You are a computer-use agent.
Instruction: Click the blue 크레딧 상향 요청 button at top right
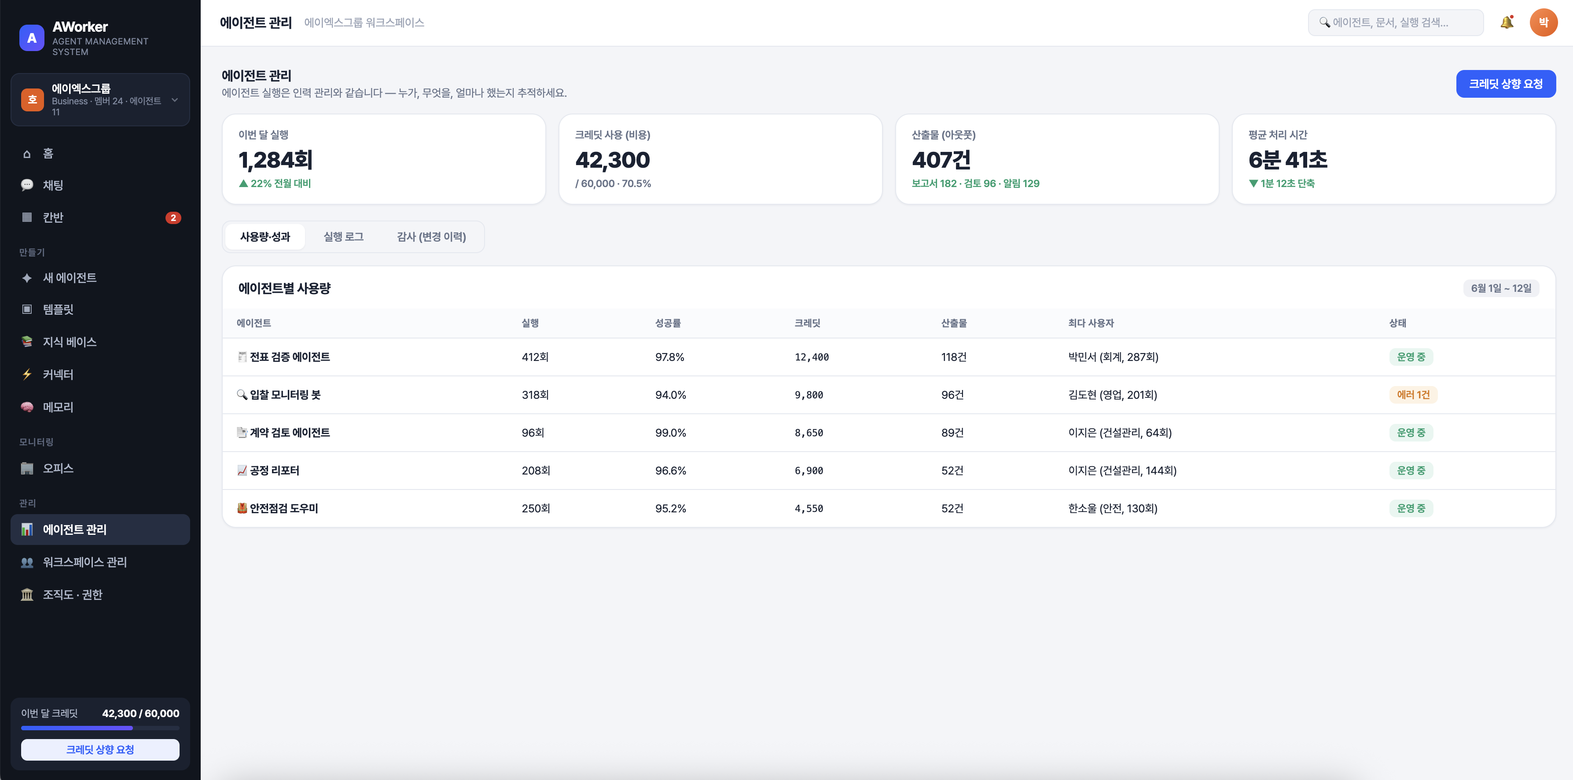(1505, 84)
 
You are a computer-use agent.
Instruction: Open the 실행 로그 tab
(343, 236)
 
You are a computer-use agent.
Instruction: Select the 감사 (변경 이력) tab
(431, 236)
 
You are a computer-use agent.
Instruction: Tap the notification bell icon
(1507, 22)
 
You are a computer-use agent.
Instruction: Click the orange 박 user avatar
(1543, 22)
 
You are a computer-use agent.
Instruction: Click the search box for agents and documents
(1395, 22)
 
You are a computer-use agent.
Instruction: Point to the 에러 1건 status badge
(1413, 394)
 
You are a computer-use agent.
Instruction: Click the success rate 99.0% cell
(670, 432)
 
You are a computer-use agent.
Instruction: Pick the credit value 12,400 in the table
(812, 357)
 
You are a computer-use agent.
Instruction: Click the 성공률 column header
(668, 323)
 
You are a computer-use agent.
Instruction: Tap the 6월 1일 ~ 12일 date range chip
(1501, 288)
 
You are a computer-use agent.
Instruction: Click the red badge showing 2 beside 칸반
(173, 218)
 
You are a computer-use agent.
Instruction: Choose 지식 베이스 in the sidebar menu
(70, 342)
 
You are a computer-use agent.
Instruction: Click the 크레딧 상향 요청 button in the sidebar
(100, 750)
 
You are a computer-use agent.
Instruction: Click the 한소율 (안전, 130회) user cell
(1113, 508)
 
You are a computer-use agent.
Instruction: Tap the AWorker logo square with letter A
(32, 38)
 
